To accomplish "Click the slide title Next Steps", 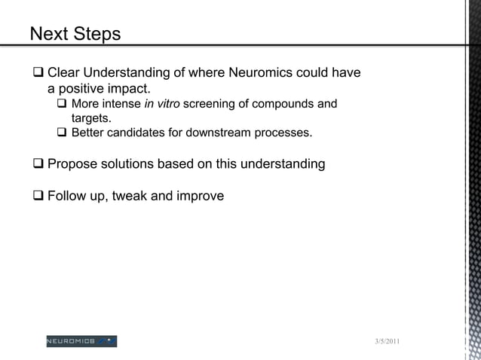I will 75,35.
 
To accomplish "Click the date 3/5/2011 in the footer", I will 388,343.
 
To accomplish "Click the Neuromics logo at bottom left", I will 81,341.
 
